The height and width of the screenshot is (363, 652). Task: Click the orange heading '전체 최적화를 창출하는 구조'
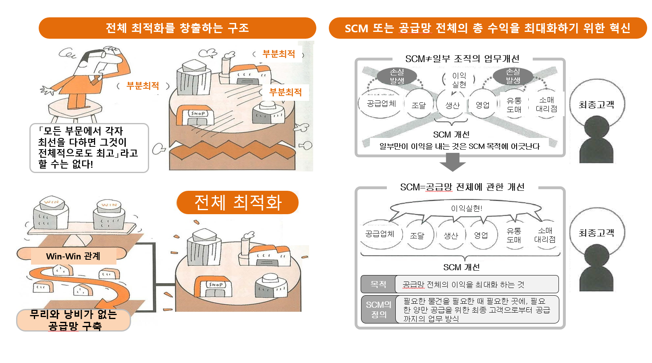point(177,28)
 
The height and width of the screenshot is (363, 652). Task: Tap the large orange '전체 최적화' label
point(238,202)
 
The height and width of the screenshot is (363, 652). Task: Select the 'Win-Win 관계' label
point(73,256)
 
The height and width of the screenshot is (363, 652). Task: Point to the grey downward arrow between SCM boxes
point(453,162)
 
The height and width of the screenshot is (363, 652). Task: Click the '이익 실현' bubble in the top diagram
point(459,80)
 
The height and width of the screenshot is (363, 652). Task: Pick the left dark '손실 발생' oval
point(397,76)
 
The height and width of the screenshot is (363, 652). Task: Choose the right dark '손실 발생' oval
point(513,76)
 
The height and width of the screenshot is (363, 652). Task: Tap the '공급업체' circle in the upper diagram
point(381,104)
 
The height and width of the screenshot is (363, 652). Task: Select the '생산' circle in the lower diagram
point(451,236)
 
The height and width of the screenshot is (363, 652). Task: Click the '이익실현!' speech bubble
point(466,209)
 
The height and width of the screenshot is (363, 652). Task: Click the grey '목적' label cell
point(378,284)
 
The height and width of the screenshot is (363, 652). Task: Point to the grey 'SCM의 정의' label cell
point(378,309)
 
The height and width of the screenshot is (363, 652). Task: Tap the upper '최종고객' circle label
point(596,105)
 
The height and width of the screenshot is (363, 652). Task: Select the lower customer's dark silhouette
point(596,268)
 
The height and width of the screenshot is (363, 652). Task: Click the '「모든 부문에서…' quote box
point(89,148)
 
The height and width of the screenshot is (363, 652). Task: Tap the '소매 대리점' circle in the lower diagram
point(545,235)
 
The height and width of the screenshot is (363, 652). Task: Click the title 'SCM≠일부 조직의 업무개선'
point(462,59)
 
